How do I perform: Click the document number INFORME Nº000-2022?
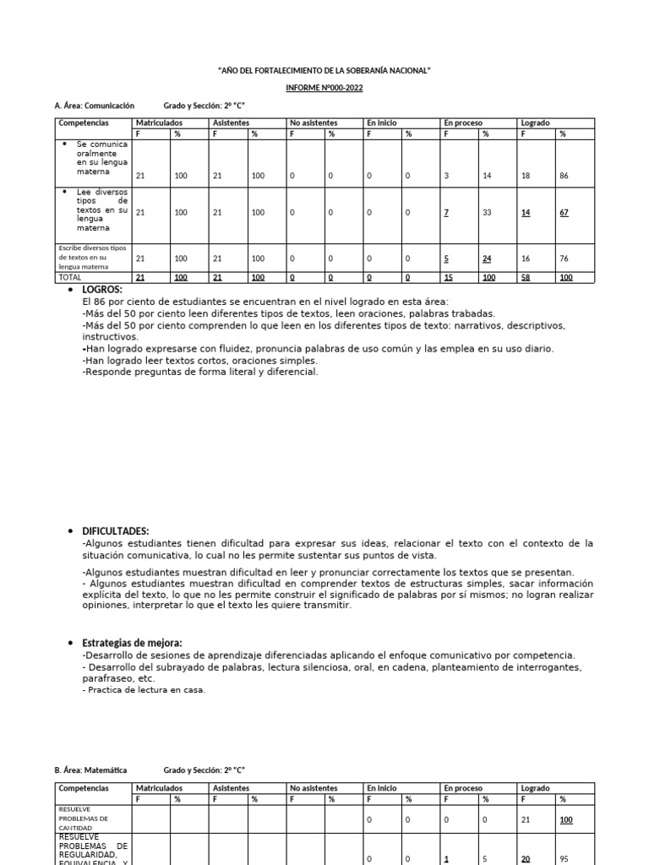tap(324, 88)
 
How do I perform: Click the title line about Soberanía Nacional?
tap(324, 71)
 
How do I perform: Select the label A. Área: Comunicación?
tap(95, 106)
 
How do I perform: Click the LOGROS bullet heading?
tap(102, 290)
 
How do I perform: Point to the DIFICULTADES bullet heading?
tap(115, 530)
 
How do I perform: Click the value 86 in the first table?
tap(563, 176)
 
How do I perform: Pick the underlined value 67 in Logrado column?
tap(564, 213)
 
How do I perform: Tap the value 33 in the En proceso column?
tap(487, 213)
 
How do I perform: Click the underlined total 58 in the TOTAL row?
tap(526, 277)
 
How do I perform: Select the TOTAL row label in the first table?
tap(71, 277)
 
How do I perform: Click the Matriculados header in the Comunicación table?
tap(160, 123)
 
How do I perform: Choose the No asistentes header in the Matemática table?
tap(314, 788)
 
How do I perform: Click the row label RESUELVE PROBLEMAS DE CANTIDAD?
tap(84, 819)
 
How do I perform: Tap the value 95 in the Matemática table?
tap(563, 859)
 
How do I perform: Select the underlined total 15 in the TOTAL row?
tap(449, 277)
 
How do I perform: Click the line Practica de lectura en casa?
tap(144, 690)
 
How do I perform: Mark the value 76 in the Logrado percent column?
tap(563, 258)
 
